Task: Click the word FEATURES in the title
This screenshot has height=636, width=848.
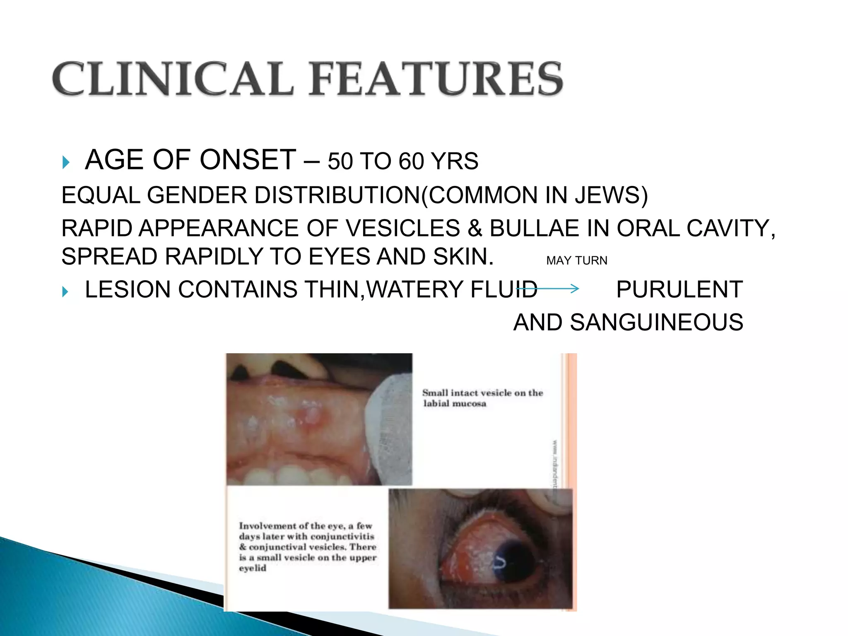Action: point(436,79)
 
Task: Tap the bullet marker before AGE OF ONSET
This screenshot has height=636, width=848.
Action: point(65,162)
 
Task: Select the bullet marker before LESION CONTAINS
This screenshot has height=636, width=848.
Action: point(65,291)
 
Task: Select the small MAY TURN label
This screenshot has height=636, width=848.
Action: point(576,260)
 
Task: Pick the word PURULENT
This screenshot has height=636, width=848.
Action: point(679,289)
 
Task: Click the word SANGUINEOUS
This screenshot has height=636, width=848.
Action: point(656,323)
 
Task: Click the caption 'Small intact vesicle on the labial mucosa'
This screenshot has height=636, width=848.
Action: point(482,398)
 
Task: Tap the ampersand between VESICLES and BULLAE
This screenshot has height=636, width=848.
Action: point(475,229)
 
